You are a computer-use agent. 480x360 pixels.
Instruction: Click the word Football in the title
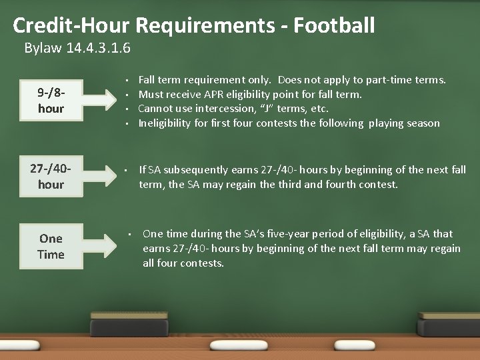tap(334, 26)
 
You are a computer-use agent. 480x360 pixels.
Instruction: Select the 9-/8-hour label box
tap(51, 100)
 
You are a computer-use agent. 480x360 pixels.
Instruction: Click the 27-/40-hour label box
tap(51, 176)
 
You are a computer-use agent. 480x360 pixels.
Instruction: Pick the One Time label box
tap(51, 246)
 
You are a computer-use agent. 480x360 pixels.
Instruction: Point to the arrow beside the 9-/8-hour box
tap(105, 100)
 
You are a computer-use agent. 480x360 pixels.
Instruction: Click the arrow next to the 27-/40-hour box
tap(105, 176)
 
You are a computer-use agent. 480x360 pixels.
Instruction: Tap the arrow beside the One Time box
tap(105, 246)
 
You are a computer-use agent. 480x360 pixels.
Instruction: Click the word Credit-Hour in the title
tap(71, 26)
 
